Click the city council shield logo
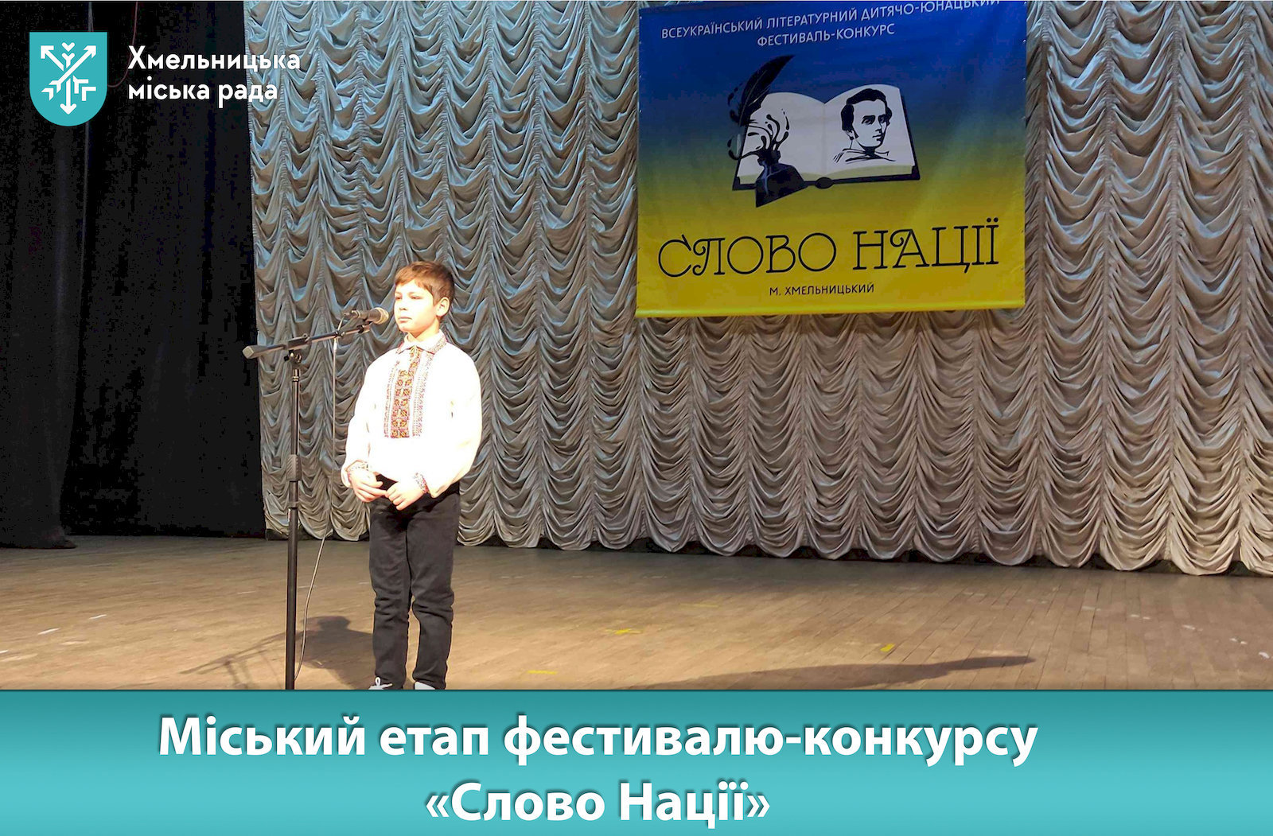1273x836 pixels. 68,78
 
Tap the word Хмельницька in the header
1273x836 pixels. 214,60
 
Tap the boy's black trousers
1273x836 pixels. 413,585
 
